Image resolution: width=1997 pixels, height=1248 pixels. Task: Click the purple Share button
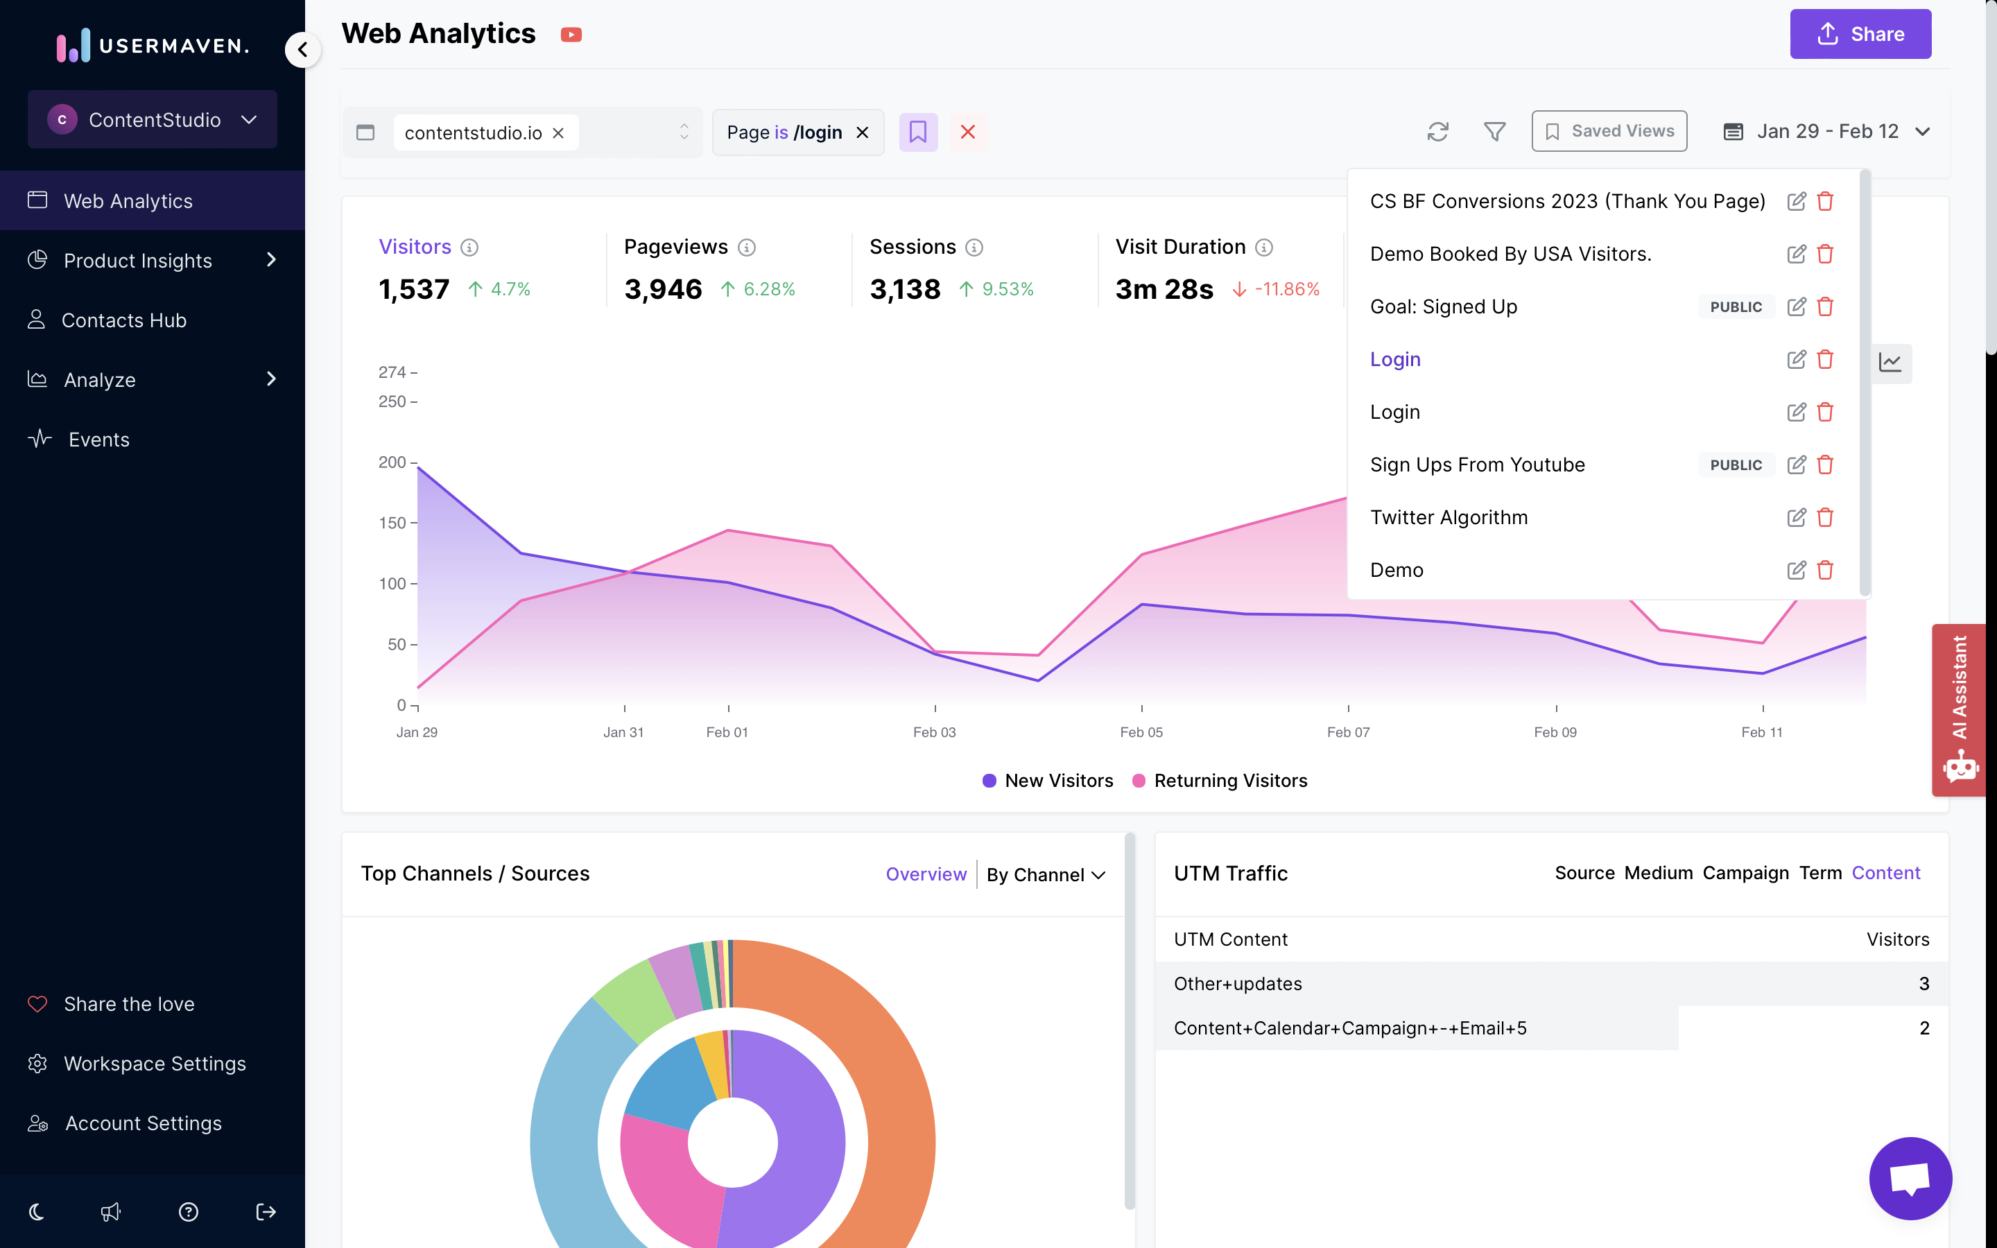[x=1860, y=34]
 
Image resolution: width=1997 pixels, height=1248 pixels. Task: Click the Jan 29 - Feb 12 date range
[x=1826, y=131]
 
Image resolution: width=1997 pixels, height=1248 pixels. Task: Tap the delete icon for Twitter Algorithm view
[x=1825, y=517]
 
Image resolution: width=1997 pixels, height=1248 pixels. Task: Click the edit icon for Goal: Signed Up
[x=1796, y=306]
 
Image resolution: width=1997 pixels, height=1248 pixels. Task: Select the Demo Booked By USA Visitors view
[x=1510, y=254]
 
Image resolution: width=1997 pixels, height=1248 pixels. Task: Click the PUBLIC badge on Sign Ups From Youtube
[x=1736, y=465]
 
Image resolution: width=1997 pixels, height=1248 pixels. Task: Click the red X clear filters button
[x=968, y=132]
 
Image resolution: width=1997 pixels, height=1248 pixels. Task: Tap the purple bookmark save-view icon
[x=917, y=132]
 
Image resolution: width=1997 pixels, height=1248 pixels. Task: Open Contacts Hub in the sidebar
[x=124, y=320]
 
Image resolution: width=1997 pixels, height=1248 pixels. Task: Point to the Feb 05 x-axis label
[x=1141, y=732]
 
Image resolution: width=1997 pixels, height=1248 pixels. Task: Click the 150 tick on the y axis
[x=392, y=523]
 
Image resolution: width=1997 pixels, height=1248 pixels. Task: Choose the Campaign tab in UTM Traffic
[x=1745, y=874]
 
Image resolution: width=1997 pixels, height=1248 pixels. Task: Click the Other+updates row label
[x=1238, y=984]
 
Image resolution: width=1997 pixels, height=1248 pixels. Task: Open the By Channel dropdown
[x=1046, y=875]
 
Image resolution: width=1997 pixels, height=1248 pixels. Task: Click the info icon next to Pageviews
[x=746, y=248]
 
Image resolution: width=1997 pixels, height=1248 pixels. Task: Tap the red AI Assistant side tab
[x=1959, y=709]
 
